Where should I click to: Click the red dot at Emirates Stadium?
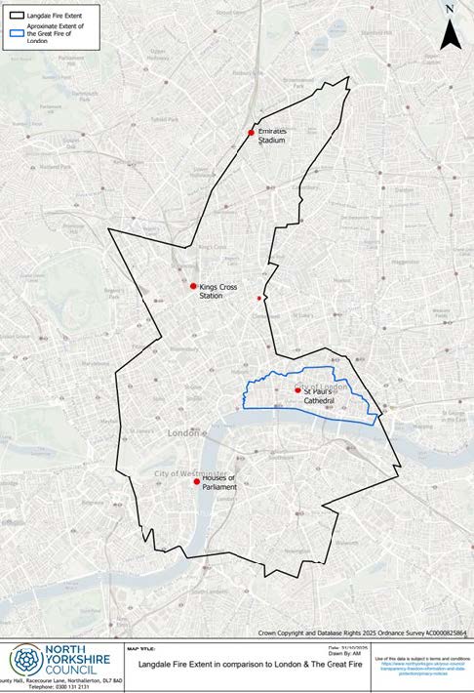click(252, 133)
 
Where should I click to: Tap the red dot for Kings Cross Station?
click(193, 286)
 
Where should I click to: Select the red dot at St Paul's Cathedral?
click(297, 390)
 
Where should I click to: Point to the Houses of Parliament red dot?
click(197, 481)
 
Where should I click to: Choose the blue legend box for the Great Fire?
click(13, 30)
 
